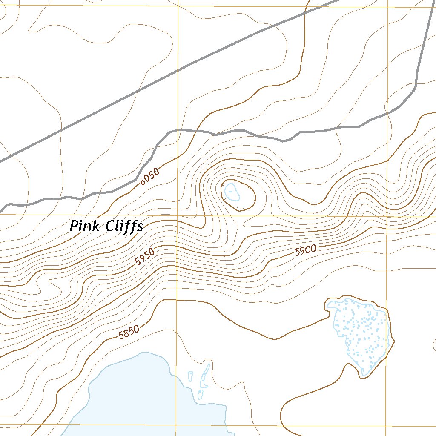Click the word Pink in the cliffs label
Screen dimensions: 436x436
[86, 226]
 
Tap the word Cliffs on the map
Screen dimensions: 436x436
[124, 227]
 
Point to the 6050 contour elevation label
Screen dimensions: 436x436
[149, 175]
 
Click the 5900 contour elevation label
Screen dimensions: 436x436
[305, 251]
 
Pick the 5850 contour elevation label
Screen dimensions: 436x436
[129, 332]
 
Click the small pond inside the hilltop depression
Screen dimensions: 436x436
[231, 192]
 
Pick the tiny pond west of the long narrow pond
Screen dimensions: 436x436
[190, 376]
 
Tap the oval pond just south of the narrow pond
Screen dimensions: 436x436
[200, 394]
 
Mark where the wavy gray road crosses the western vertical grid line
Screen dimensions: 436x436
[178, 129]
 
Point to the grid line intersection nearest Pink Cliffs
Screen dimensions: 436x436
[177, 216]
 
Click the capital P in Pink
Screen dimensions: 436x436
[75, 226]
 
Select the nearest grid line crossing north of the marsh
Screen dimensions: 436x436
[387, 216]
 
